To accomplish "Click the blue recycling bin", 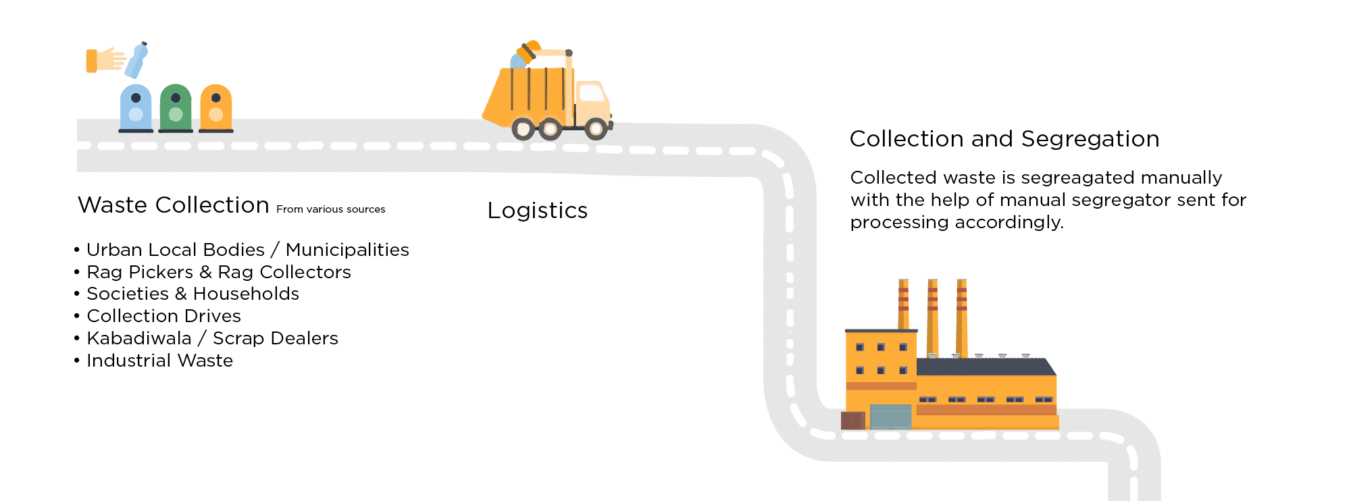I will pyautogui.click(x=136, y=108).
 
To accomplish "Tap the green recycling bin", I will pyautogui.click(x=176, y=108).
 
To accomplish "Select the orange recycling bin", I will pyautogui.click(x=216, y=108).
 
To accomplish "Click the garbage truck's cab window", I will pyautogui.click(x=592, y=93).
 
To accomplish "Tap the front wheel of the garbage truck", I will pyautogui.click(x=596, y=128).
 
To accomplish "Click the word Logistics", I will pyautogui.click(x=537, y=211).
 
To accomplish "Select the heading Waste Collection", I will pyautogui.click(x=174, y=205).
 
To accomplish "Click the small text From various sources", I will pyautogui.click(x=330, y=209).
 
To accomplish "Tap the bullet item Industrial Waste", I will pyautogui.click(x=159, y=361).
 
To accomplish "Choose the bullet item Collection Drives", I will pyautogui.click(x=163, y=316).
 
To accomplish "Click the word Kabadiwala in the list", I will pyautogui.click(x=139, y=338).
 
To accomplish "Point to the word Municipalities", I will pyautogui.click(x=347, y=250).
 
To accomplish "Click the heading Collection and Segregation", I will pyautogui.click(x=1004, y=139).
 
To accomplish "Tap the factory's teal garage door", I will pyautogui.click(x=890, y=417).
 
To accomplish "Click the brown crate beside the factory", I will pyautogui.click(x=853, y=421).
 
